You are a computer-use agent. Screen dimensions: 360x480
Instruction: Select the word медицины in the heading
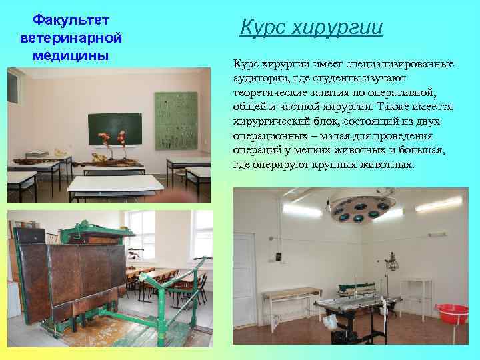tap(64, 55)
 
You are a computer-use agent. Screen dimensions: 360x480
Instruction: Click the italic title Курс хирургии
tap(311, 28)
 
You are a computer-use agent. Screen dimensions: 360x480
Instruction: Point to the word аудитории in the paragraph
tap(259, 77)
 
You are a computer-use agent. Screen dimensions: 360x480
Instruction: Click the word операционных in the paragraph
tap(266, 135)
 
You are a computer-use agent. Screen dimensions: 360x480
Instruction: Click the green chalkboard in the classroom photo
tap(117, 127)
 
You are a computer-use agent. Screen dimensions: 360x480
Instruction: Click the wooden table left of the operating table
tap(291, 295)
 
